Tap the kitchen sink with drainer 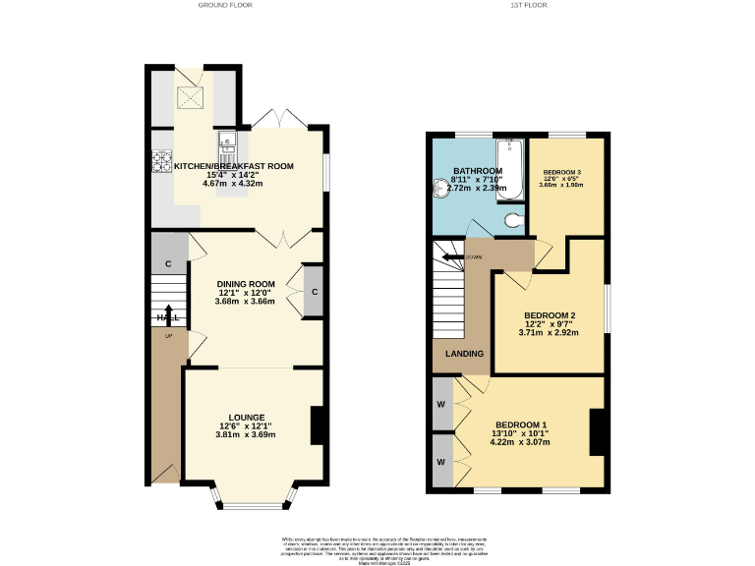pos(227,152)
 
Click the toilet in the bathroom pos(512,221)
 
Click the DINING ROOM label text pos(246,284)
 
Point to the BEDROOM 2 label pos(549,315)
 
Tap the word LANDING pos(464,354)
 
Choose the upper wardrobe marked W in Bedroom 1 pos(440,405)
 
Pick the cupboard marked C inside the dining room pos(314,291)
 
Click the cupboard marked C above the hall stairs pos(168,263)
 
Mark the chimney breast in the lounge pos(318,425)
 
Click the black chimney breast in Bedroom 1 pos(597,432)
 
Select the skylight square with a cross pos(192,95)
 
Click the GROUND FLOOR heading pos(225,5)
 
